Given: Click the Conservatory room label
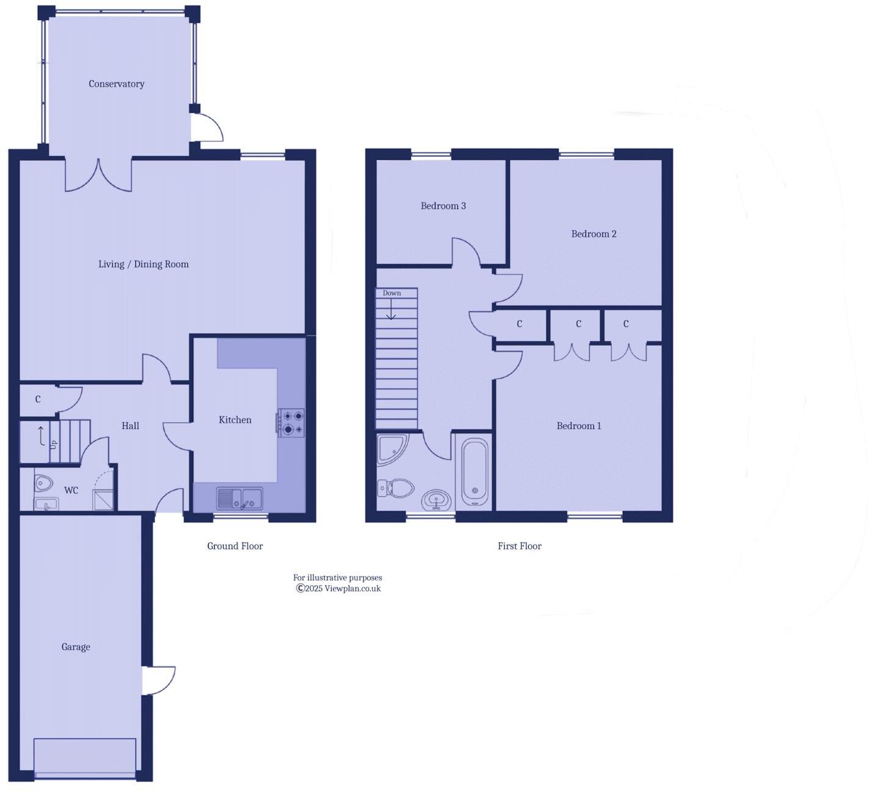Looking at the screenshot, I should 116,84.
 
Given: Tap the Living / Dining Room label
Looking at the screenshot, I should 143,264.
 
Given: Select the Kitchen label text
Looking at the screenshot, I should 235,420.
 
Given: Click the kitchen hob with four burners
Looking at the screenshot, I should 291,422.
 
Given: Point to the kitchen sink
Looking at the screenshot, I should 240,499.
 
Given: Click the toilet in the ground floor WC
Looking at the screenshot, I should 43,483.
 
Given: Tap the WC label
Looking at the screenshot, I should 71,491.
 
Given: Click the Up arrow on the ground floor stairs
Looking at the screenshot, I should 41,436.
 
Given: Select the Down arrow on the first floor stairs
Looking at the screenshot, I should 391,311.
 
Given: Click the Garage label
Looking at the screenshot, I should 76,647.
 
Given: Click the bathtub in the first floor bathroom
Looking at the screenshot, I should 474,472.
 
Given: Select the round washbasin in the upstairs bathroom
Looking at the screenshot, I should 436,500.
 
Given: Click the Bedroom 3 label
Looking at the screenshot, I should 443,206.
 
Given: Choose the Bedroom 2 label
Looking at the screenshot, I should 593,234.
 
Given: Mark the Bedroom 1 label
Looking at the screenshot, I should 579,426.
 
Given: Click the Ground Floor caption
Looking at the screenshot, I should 235,546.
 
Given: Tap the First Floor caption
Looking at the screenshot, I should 520,546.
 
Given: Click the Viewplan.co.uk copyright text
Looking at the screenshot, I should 338,589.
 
